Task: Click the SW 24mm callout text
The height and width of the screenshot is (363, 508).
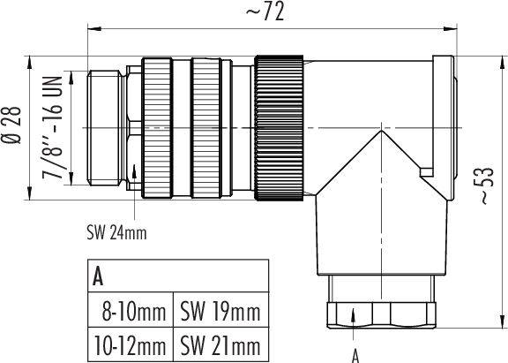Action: tap(117, 233)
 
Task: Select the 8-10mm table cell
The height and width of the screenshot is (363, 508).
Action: tap(133, 311)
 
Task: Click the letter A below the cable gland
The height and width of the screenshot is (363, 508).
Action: tap(355, 355)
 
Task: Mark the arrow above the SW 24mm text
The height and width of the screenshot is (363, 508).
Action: tap(134, 177)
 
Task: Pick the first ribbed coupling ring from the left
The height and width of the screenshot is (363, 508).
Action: tap(160, 128)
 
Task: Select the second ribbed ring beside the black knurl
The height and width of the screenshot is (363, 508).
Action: tap(208, 128)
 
